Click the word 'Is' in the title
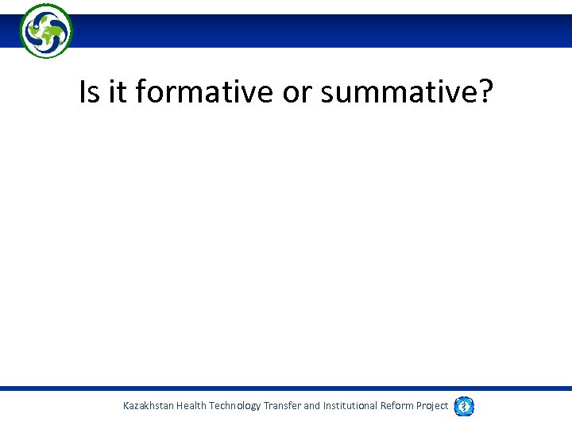pyautogui.click(x=90, y=93)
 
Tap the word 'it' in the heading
pyautogui.click(x=117, y=93)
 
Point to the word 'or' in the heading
pyautogui.click(x=295, y=93)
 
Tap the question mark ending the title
pyautogui.click(x=485, y=93)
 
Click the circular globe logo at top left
pyautogui.click(x=46, y=31)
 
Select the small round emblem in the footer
pyautogui.click(x=464, y=406)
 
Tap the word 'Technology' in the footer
pyautogui.click(x=235, y=406)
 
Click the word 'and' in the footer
pyautogui.click(x=312, y=406)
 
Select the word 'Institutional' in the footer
pyautogui.click(x=352, y=406)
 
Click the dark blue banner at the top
pyautogui.click(x=318, y=31)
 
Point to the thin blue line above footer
pyautogui.click(x=286, y=388)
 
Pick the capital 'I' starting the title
pyautogui.click(x=83, y=93)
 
